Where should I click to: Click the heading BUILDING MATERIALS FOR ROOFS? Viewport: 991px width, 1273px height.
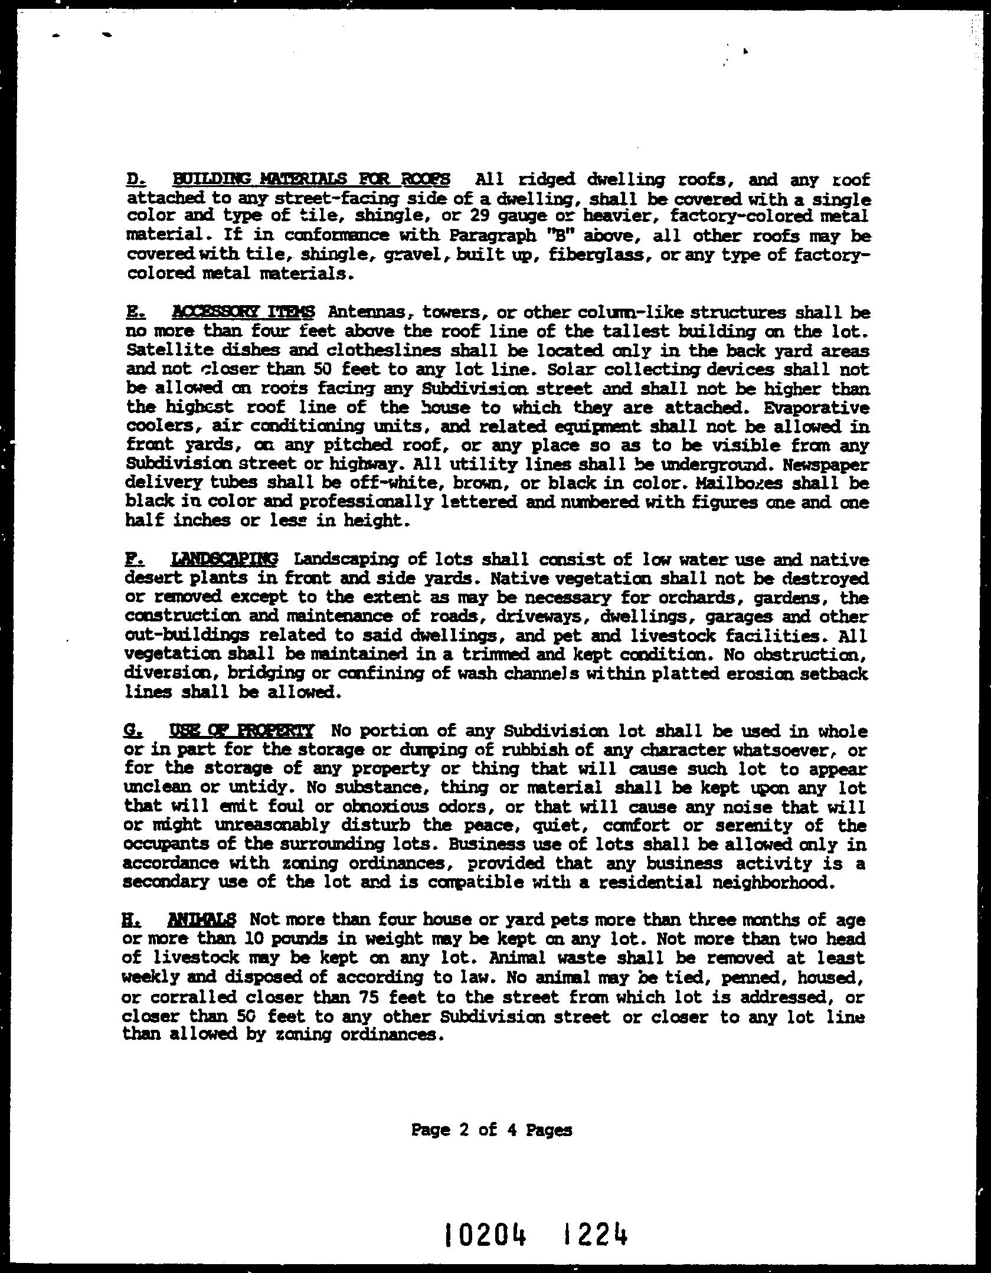click(x=311, y=179)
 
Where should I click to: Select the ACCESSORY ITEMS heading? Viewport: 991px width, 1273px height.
click(x=244, y=312)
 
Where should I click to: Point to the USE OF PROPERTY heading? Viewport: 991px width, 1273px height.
click(x=241, y=731)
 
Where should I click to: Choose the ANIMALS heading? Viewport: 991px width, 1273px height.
click(x=201, y=919)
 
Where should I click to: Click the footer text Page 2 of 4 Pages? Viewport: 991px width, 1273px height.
click(x=492, y=1130)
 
